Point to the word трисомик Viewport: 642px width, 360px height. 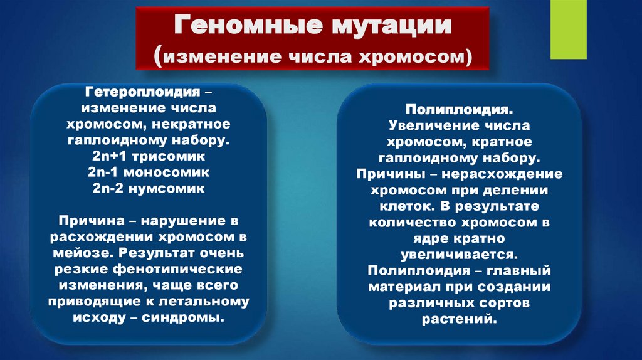point(176,155)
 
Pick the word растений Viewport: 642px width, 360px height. point(463,319)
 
